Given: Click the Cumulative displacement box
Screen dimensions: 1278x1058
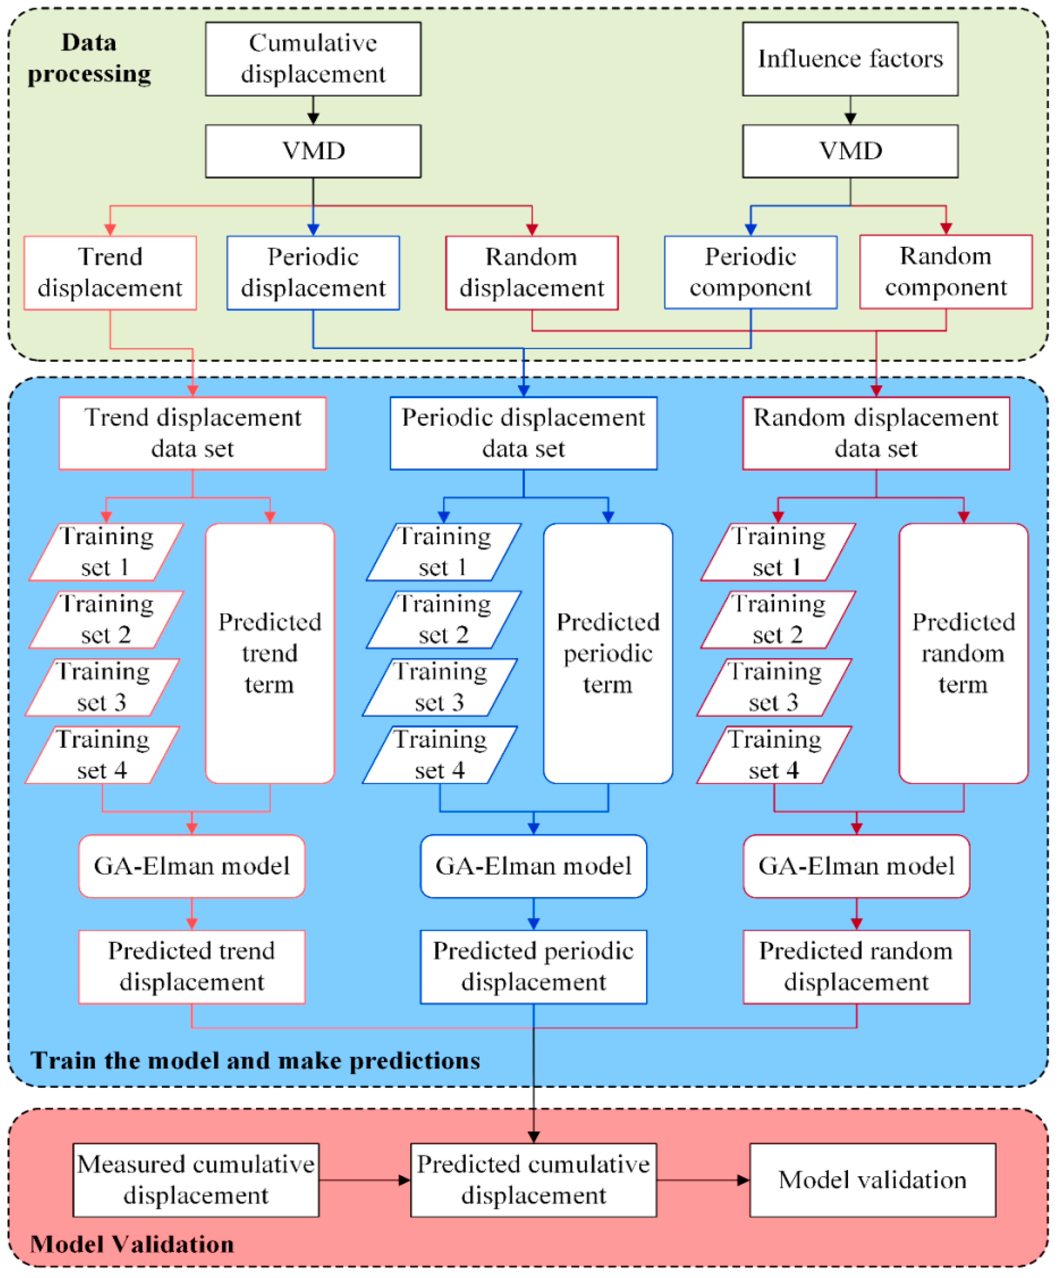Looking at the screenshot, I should (313, 59).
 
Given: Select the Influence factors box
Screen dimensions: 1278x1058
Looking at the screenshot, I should (849, 59).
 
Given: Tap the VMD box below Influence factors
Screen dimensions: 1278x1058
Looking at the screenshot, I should (849, 151).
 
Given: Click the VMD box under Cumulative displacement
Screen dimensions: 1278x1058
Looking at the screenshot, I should (313, 151).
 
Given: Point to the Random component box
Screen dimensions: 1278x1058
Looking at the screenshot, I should (945, 272).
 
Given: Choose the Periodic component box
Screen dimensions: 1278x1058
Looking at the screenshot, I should (750, 273).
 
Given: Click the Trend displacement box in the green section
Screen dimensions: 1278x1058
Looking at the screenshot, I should (110, 273).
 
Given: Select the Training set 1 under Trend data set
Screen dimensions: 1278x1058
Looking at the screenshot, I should (106, 552).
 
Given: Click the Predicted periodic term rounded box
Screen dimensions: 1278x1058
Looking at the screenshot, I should (607, 653).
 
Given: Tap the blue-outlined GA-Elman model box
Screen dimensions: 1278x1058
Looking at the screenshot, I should (533, 866).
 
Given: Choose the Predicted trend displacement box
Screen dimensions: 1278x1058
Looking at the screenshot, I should (192, 967).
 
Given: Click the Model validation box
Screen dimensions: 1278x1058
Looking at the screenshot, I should (872, 1180).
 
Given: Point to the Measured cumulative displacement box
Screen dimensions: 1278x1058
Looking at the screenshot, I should (195, 1180).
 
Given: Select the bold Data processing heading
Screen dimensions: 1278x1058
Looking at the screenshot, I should (89, 58).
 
